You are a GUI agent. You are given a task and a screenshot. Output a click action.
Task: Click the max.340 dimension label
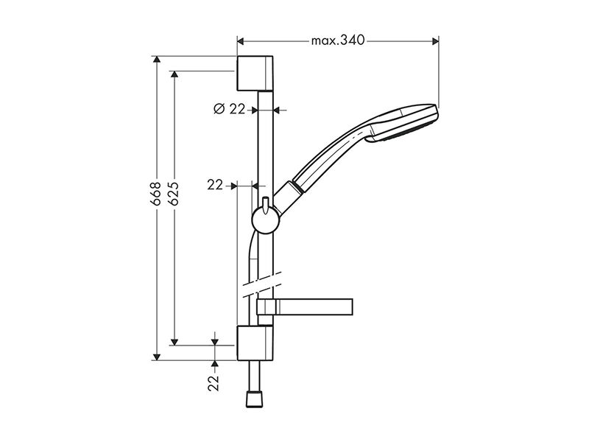coord(338,41)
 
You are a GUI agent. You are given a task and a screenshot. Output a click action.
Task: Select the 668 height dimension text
coord(155,194)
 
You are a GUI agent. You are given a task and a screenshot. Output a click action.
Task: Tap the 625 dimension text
coord(173,194)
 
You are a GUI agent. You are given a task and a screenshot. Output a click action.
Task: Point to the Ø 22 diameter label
coord(229,109)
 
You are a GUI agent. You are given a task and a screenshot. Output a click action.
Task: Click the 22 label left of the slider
coord(215,185)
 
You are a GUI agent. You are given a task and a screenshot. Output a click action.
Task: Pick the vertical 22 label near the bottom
coord(214,383)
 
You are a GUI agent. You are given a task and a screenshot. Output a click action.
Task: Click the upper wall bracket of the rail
coord(255,73)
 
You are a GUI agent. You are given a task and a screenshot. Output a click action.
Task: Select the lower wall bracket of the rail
coord(255,343)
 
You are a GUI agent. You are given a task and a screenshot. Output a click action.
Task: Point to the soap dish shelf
coord(305,306)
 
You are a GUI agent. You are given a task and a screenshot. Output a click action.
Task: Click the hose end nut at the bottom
coord(255,399)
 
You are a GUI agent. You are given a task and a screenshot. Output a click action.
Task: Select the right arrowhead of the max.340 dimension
coord(436,41)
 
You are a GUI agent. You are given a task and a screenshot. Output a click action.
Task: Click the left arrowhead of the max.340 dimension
coord(241,41)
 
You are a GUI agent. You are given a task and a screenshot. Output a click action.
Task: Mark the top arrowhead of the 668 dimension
coord(157,60)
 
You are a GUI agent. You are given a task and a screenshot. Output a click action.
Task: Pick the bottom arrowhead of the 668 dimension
coord(157,357)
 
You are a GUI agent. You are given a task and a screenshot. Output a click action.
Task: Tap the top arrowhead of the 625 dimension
coord(174,74)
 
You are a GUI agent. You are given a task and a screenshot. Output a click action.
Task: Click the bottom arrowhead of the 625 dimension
coord(174,342)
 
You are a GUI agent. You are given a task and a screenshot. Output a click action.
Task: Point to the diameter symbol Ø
coord(219,109)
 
